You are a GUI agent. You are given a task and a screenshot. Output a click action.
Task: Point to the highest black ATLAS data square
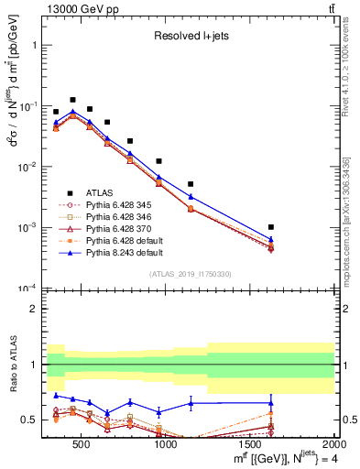72,100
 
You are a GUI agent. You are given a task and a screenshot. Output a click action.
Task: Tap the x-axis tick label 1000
166,446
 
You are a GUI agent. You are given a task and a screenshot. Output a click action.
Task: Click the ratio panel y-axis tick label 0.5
30,420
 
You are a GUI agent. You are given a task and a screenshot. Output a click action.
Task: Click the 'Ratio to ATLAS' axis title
11,365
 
